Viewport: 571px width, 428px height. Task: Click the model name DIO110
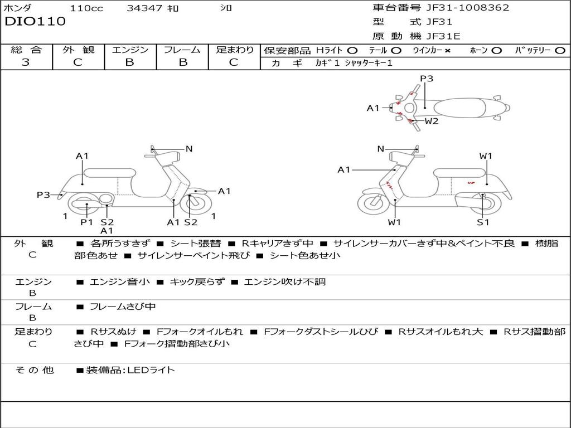35,21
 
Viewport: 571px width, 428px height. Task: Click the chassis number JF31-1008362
468,7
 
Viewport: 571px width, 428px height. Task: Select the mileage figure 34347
144,8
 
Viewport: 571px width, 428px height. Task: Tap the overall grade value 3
26,62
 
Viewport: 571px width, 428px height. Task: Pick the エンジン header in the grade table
130,50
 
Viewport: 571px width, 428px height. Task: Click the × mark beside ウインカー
448,51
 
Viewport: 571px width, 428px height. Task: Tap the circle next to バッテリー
560,51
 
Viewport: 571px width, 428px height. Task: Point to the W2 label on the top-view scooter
432,121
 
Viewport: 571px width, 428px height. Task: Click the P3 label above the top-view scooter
427,78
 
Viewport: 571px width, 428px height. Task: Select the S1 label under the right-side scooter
483,222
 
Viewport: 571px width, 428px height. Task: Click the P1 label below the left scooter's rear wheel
86,222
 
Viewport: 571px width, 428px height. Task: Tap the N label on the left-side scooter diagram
188,148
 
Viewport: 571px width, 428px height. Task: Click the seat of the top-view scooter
459,108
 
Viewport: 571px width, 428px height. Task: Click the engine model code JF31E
443,36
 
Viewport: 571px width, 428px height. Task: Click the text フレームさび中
123,307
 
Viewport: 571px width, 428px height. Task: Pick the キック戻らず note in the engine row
197,281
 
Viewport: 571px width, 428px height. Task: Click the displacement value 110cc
86,8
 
